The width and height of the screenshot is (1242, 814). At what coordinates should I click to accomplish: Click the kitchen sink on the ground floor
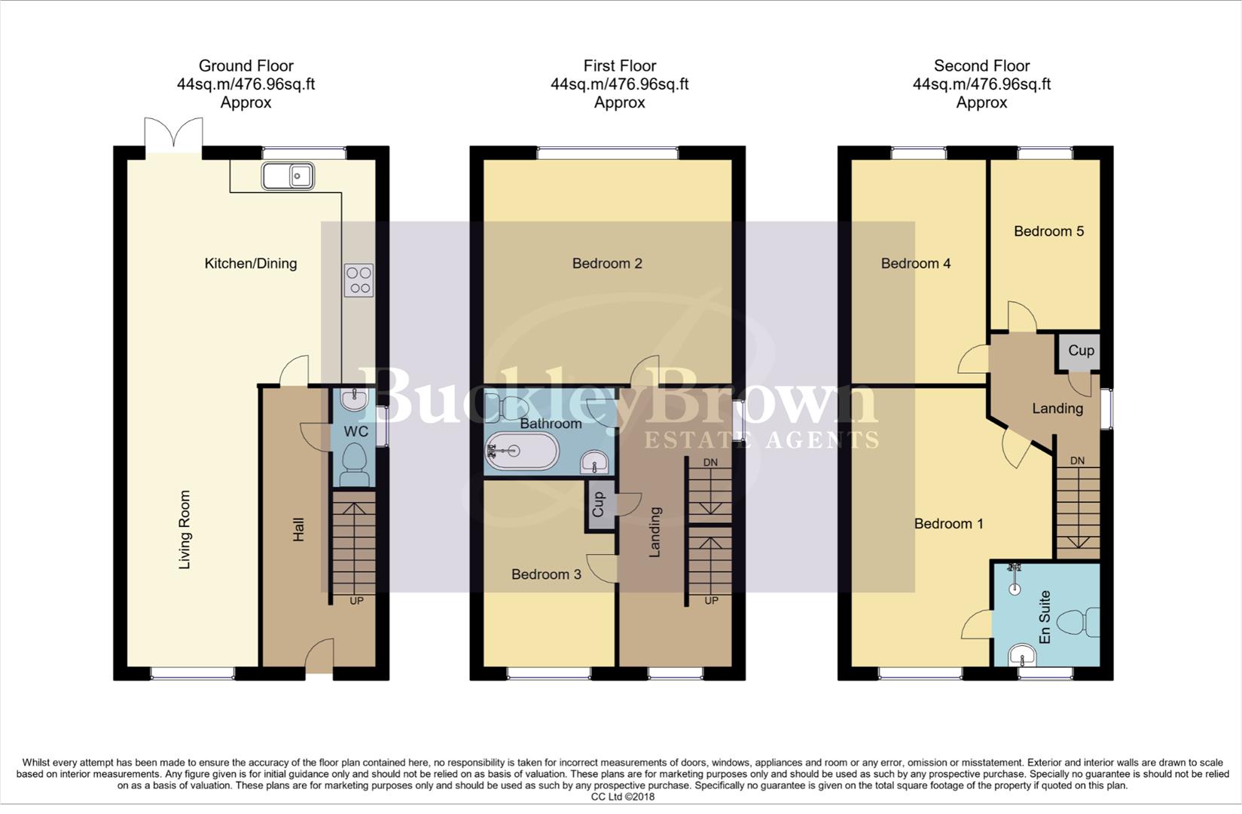[288, 176]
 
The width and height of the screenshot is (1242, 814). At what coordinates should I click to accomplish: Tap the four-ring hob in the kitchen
[359, 280]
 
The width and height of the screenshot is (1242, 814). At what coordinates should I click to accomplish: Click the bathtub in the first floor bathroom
[522, 452]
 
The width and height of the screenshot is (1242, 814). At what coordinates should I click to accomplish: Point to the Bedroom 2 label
[606, 264]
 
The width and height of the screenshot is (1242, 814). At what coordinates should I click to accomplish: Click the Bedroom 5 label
[1048, 231]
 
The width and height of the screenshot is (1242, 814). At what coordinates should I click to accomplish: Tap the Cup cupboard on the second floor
[1080, 351]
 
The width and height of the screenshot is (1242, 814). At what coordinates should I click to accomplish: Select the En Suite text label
[1045, 617]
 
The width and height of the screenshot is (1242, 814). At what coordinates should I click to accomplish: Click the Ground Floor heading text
[246, 66]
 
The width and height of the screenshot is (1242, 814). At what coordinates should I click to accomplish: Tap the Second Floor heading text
[981, 66]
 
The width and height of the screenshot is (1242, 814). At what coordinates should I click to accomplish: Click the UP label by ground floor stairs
[356, 601]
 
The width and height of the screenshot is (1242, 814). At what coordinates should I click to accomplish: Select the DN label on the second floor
[1077, 461]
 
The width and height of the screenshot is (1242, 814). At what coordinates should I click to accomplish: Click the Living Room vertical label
[185, 529]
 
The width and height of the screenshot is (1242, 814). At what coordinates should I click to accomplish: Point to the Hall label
[299, 529]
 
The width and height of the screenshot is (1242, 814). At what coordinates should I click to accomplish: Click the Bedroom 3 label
[546, 574]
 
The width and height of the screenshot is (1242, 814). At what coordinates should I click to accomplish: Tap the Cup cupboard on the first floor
[599, 504]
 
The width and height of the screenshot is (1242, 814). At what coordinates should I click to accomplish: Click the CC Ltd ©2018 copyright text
[622, 797]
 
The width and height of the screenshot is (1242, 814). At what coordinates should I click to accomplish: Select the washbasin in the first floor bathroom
[595, 462]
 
